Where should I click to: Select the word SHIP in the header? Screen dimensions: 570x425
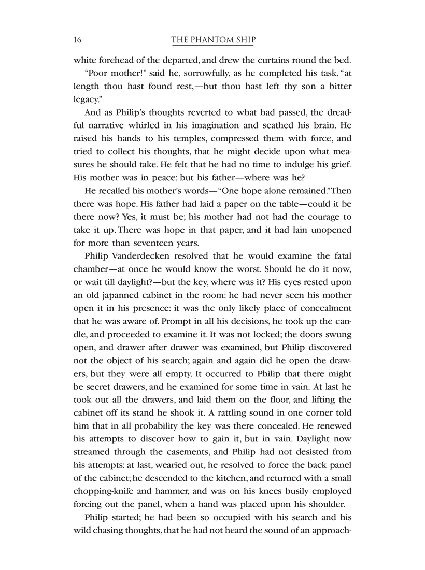pos(245,40)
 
